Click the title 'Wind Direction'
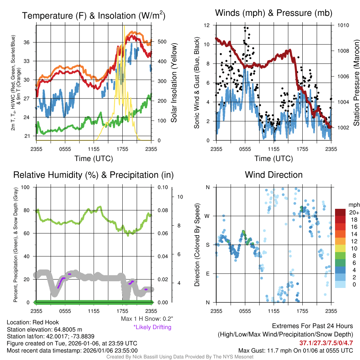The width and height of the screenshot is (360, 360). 274,175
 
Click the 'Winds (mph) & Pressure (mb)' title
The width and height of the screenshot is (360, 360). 274,13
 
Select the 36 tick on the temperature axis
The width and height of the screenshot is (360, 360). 30,42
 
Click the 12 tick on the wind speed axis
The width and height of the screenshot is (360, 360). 207,25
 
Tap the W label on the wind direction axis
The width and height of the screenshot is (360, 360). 207,216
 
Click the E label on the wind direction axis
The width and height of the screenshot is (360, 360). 208,274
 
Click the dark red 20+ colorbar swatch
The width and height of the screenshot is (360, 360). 341,212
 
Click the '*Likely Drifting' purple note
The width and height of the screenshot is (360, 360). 152,327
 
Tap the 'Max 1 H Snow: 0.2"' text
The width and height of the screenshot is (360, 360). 147,319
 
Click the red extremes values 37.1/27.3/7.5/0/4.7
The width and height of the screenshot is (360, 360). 326,343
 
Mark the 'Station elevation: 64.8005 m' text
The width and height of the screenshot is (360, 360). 44,329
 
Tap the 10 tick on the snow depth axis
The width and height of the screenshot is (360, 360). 180,197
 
